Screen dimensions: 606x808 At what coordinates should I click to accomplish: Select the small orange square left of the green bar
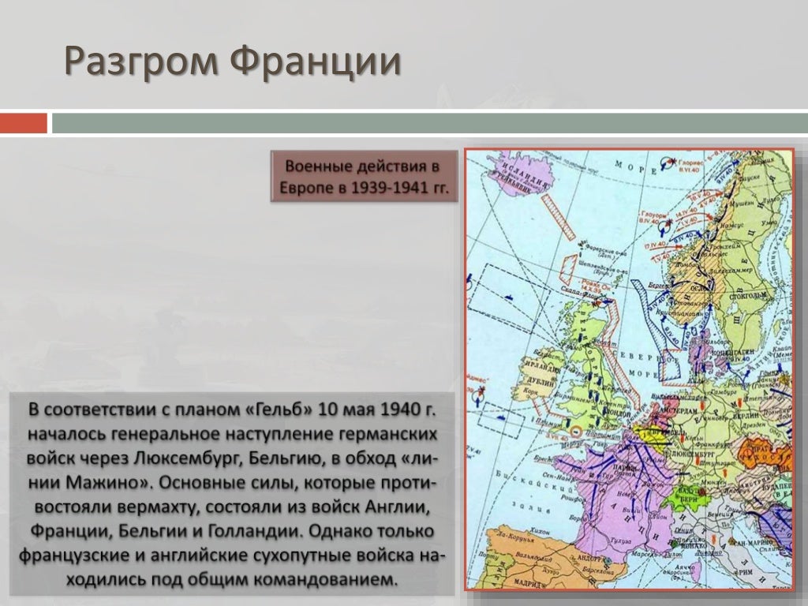click(x=23, y=123)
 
